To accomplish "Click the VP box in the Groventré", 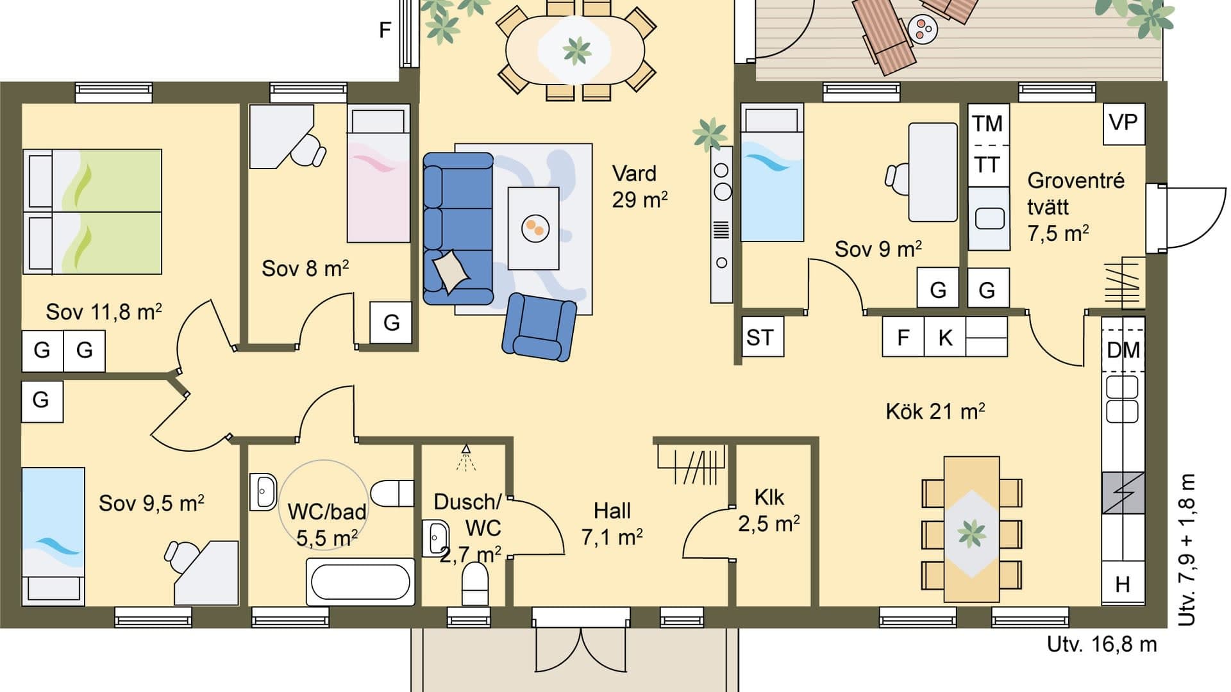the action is coord(1123,123).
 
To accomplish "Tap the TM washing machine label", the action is coord(987,124).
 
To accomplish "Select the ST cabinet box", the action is coord(762,336).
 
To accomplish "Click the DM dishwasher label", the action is coord(1123,350).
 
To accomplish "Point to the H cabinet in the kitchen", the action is coord(1123,584).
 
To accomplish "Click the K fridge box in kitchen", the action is coord(945,337).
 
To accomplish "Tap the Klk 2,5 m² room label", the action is coord(769,511).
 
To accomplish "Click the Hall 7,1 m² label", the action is coord(612,523).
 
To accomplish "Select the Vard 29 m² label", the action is coord(639,186).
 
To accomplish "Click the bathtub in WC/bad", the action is coord(360,581).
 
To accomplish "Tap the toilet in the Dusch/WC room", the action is coord(475,583).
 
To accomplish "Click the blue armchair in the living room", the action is coord(540,326).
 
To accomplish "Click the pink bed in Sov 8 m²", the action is coord(378,174).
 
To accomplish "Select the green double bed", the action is coord(92,211).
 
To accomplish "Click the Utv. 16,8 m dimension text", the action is coord(1101,644).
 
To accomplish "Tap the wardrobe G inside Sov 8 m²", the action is coord(391,322).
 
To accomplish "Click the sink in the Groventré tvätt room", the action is coord(989,218).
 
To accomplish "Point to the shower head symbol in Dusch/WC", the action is coord(466,456).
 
